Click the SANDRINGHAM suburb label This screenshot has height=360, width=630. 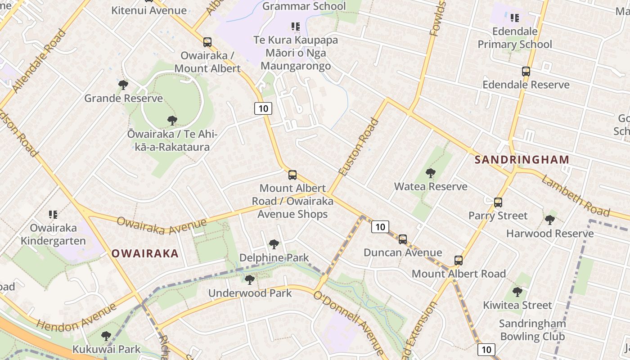click(522, 160)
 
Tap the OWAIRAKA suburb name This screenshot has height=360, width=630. click(145, 253)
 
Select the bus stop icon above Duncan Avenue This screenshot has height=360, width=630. click(403, 239)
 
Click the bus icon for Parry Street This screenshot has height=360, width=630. click(498, 202)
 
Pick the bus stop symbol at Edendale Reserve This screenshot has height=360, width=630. click(526, 72)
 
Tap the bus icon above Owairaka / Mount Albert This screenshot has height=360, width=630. click(207, 42)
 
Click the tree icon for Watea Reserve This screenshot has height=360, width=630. click(430, 173)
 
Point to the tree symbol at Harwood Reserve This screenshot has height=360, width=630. click(549, 220)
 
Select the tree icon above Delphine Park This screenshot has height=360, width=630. click(274, 244)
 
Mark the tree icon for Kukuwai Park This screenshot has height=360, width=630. click(106, 336)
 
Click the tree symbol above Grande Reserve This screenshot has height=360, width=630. click(123, 85)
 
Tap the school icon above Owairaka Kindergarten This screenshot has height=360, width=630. click(53, 214)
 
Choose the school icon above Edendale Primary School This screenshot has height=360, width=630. click(515, 18)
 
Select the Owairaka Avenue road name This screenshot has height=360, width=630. click(162, 225)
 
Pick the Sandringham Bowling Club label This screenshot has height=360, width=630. click(532, 330)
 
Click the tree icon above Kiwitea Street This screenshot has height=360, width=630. click(517, 292)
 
